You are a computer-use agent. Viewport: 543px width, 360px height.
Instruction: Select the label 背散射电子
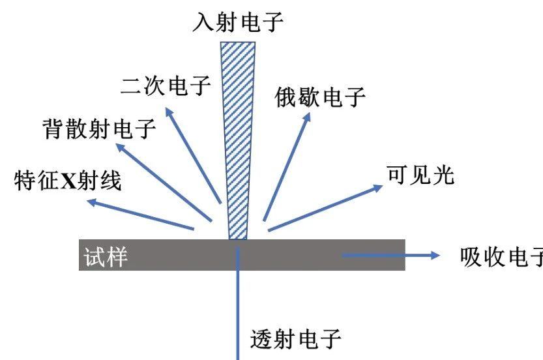click(98, 128)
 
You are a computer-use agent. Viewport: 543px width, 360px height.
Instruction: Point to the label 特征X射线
click(68, 181)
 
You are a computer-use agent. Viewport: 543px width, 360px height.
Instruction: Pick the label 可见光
click(420, 175)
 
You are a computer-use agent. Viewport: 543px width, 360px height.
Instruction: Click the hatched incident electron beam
click(237, 130)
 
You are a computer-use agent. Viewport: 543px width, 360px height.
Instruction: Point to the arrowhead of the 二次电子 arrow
click(168, 112)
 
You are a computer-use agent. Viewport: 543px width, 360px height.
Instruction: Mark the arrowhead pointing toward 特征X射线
click(92, 203)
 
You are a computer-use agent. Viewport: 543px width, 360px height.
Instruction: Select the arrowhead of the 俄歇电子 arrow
click(308, 117)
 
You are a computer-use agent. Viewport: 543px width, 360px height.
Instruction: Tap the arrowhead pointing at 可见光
click(378, 187)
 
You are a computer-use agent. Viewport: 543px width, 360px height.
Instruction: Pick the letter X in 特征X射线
click(68, 181)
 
